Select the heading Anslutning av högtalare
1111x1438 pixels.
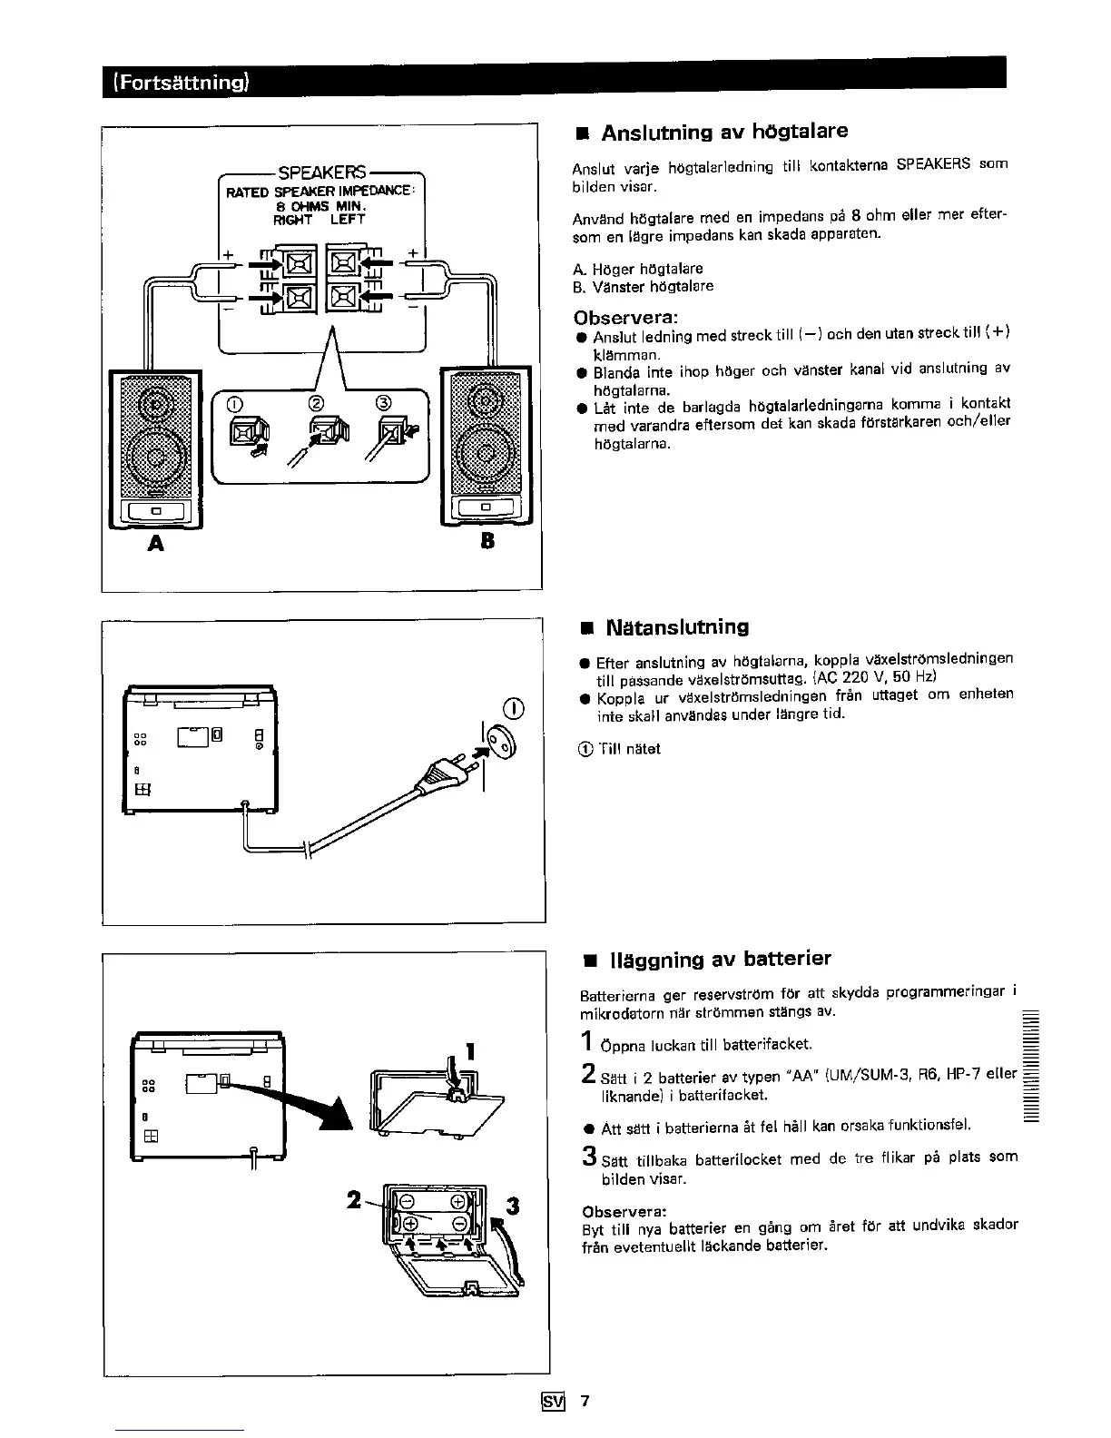(x=724, y=132)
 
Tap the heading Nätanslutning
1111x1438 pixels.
(x=676, y=626)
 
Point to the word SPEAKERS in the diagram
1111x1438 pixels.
(x=322, y=172)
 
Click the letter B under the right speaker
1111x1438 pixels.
(x=487, y=542)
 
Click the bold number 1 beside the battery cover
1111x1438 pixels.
(x=470, y=1052)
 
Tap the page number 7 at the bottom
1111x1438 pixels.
(x=585, y=1401)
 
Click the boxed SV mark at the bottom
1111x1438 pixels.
(x=553, y=1402)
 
